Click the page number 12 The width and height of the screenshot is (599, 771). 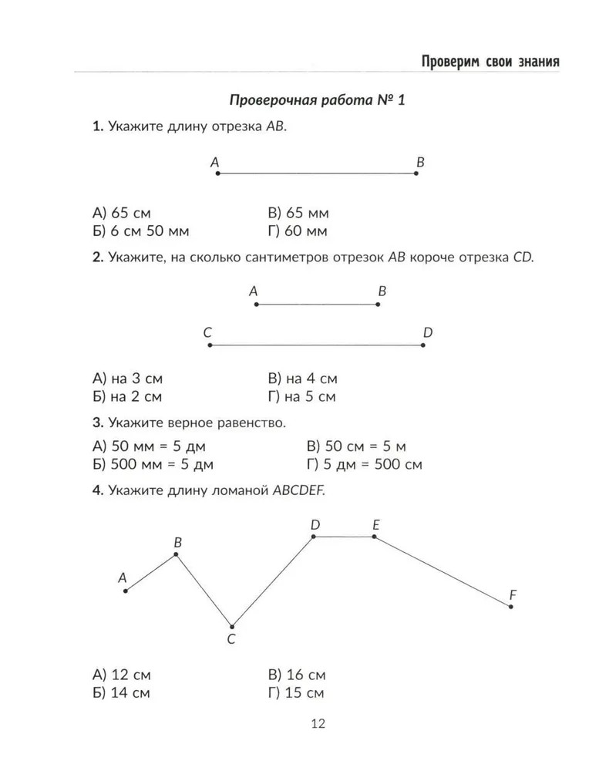click(x=318, y=723)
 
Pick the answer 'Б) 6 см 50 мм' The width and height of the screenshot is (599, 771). click(x=140, y=231)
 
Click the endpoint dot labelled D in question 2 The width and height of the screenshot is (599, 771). click(x=423, y=345)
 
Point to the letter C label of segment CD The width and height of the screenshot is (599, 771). click(x=207, y=333)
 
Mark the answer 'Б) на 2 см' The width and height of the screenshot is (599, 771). click(x=127, y=397)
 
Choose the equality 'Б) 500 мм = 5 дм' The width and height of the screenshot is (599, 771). click(x=153, y=465)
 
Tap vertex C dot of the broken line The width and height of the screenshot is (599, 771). click(x=231, y=625)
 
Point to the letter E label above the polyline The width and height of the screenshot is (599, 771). click(x=375, y=525)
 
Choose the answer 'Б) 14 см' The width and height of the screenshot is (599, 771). click(x=121, y=692)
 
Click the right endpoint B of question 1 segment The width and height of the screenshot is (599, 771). click(x=416, y=173)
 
